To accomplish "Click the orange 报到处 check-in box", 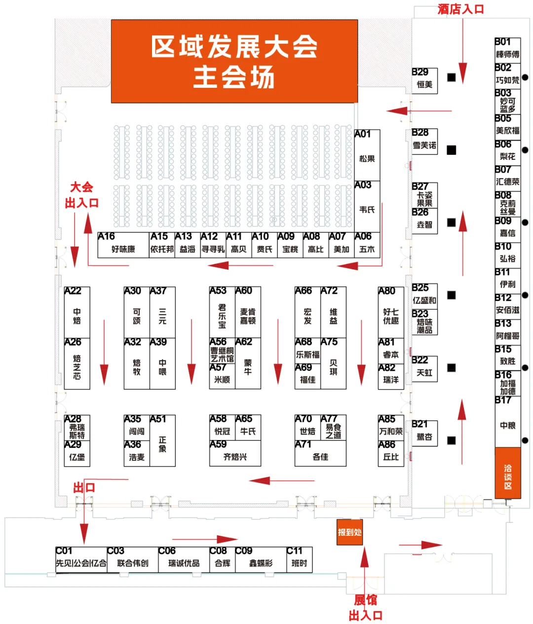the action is (x=349, y=532).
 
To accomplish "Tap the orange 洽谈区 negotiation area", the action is (x=507, y=473).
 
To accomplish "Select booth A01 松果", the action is (x=367, y=155).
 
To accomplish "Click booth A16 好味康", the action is (x=123, y=245).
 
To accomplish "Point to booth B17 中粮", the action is (x=507, y=422).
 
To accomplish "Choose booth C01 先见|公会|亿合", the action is (x=81, y=559).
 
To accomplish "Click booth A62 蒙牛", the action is (x=248, y=364).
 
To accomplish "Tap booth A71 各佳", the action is (x=320, y=453).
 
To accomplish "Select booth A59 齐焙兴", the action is (x=235, y=453).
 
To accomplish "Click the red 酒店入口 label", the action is (x=460, y=9).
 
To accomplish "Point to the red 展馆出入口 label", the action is (x=365, y=608).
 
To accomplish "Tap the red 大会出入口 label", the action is (x=82, y=195).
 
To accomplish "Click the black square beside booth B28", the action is (x=452, y=150).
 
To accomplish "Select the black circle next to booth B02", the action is (x=525, y=77).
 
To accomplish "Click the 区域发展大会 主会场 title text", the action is (x=234, y=62).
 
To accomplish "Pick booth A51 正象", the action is (x=162, y=440).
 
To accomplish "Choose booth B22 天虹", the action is (x=424, y=368).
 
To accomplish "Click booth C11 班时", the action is (x=299, y=559).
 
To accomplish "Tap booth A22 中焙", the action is (x=77, y=313).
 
